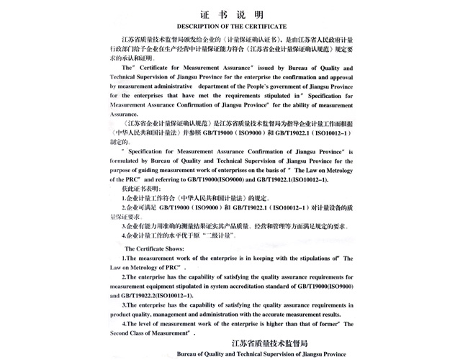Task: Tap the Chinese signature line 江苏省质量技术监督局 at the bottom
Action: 270,343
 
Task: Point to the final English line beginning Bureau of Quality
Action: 261,354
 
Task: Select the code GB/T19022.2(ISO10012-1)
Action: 152,295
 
